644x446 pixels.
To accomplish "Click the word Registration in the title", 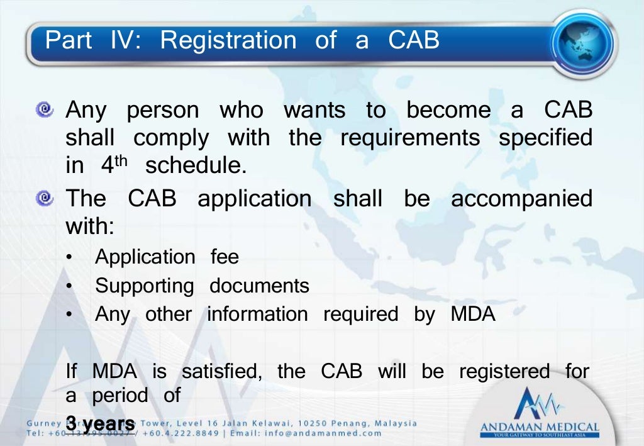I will [x=228, y=40].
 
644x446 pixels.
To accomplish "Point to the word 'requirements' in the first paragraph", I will [x=409, y=137].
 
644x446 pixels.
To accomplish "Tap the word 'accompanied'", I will [x=521, y=199].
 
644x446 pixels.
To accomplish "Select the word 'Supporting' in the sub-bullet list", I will [x=145, y=286].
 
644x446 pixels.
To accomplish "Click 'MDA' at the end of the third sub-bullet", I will [x=473, y=314].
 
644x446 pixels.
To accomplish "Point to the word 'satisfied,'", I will [x=221, y=371].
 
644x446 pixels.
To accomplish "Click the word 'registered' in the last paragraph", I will [x=504, y=371].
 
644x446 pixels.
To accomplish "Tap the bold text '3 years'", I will [x=100, y=423].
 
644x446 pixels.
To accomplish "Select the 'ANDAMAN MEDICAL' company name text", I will [x=540, y=427].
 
